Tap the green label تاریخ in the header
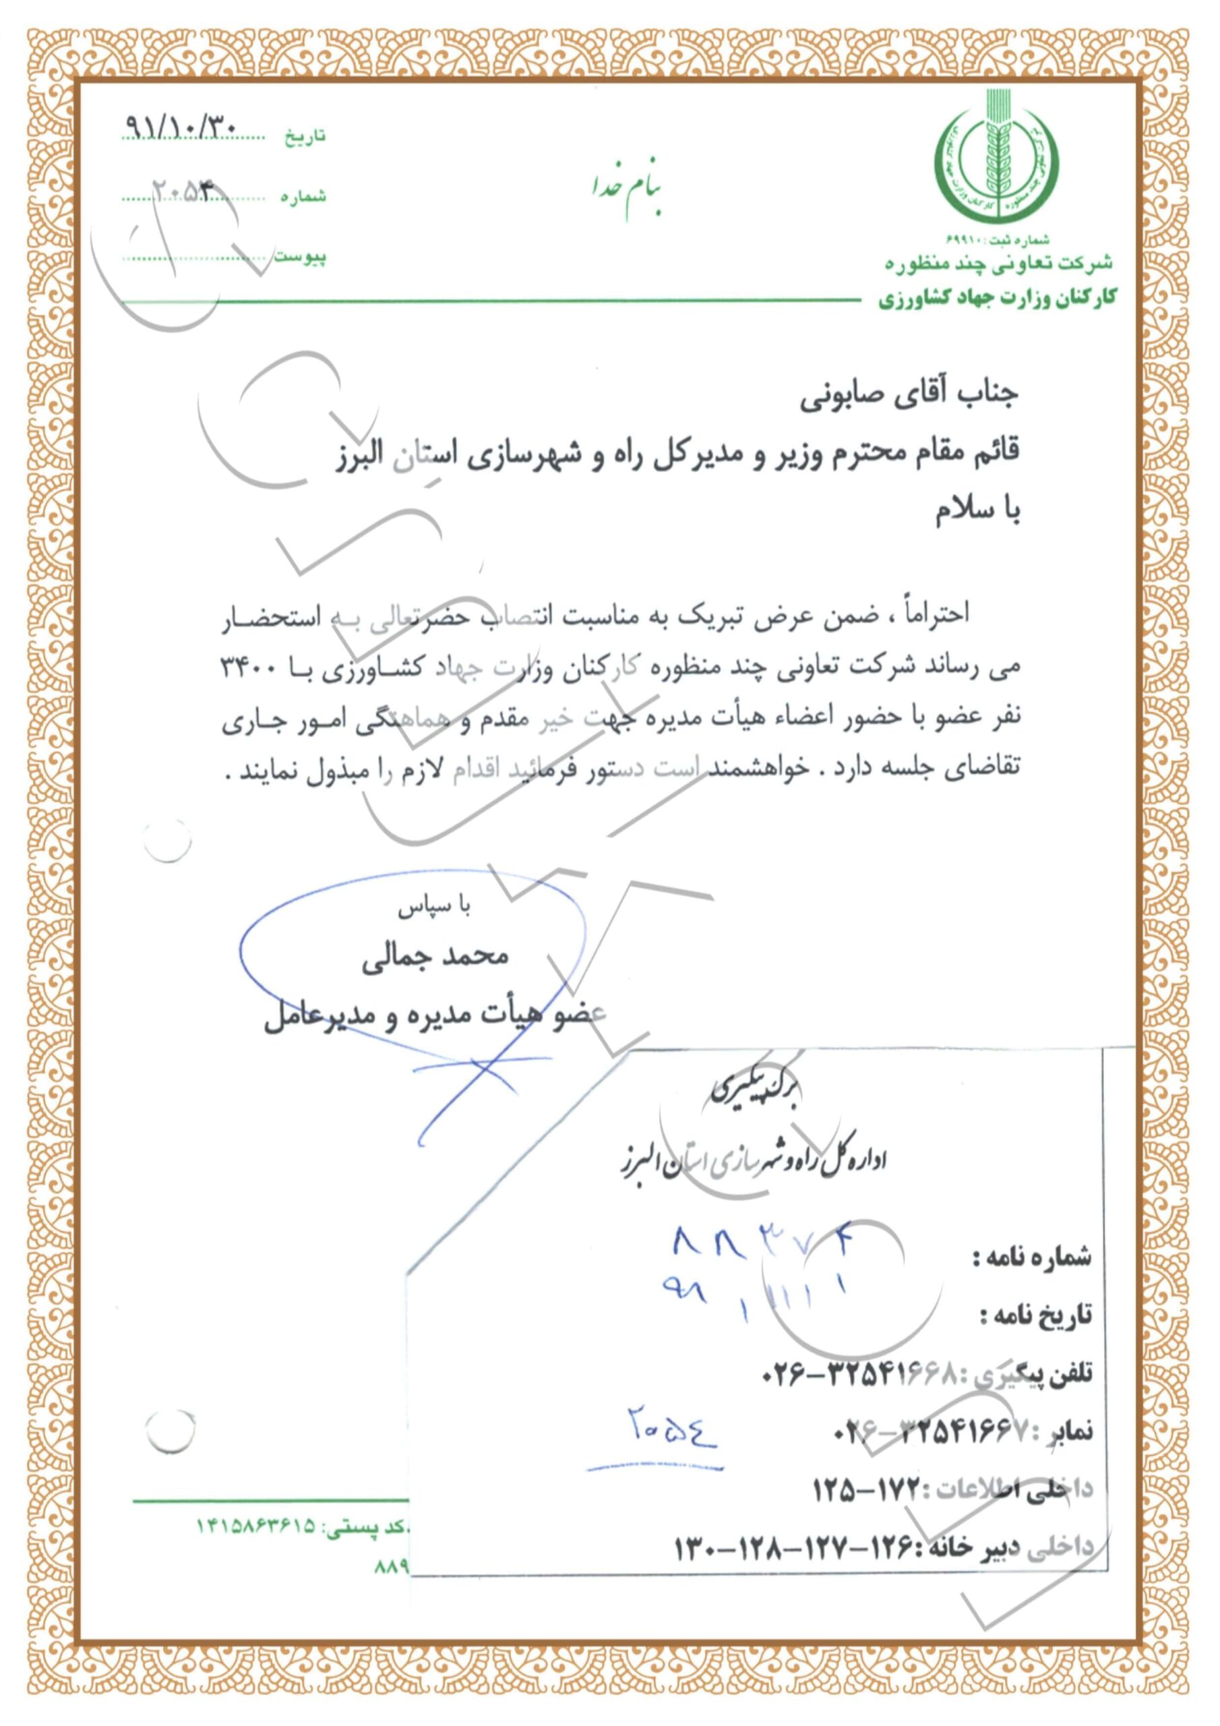(305, 137)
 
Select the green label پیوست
(300, 257)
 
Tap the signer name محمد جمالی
(436, 957)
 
